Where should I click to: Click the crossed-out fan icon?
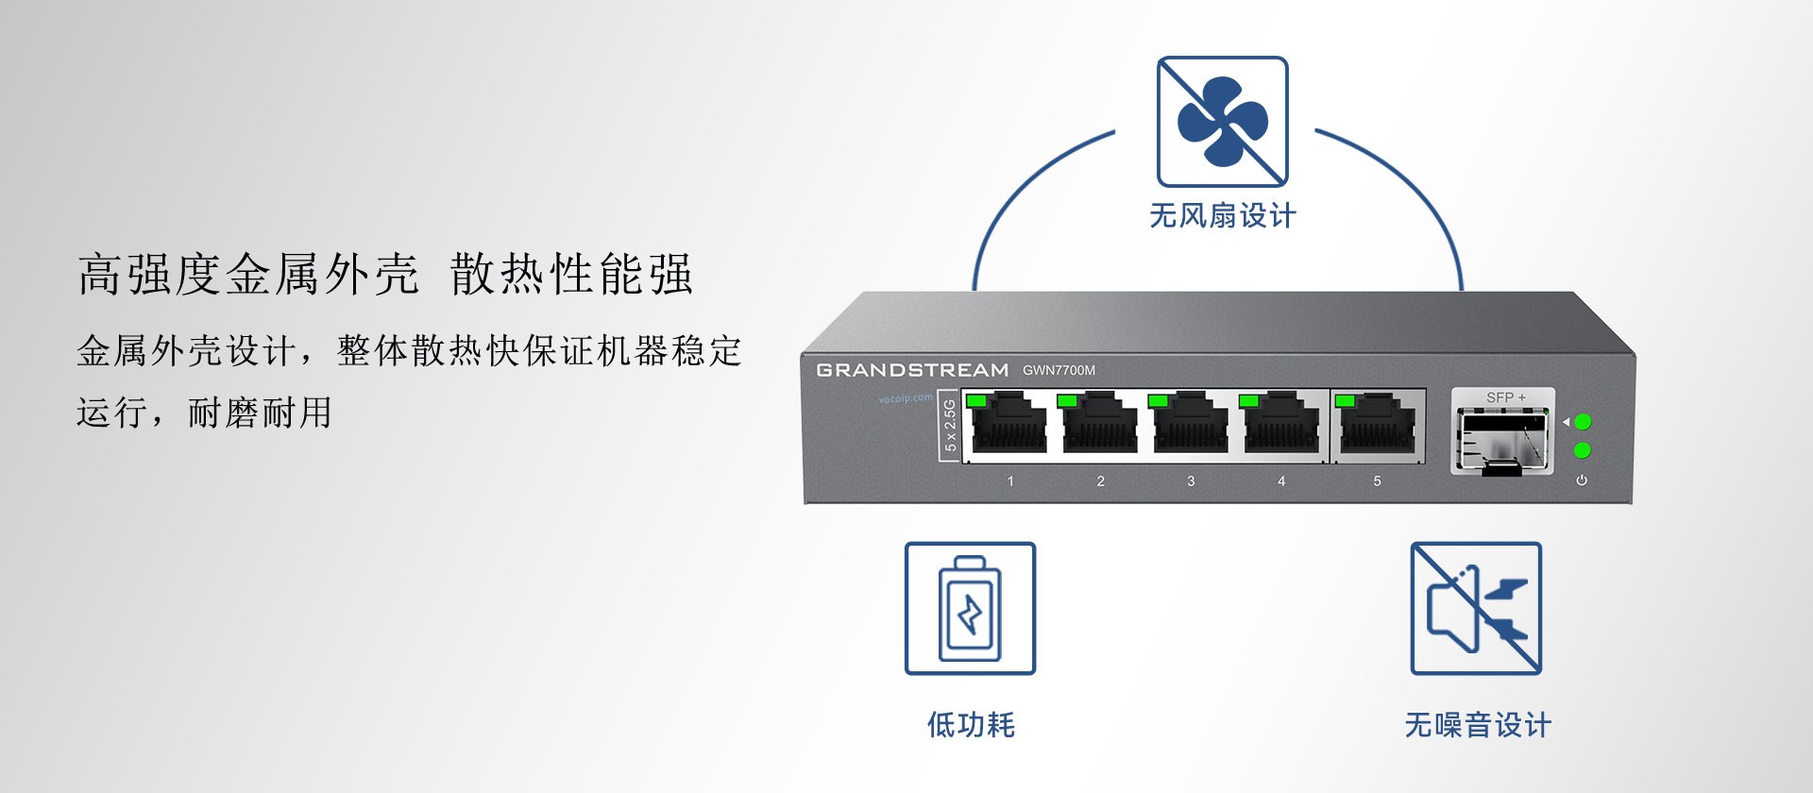[1223, 122]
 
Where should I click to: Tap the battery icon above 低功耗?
[970, 608]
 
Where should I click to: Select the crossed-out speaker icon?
[1476, 608]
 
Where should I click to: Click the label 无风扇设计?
[1223, 216]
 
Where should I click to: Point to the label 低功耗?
[971, 725]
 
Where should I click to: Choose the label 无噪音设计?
[1478, 725]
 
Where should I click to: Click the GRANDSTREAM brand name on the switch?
[912, 370]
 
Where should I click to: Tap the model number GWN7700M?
[1059, 370]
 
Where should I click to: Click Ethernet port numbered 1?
[1008, 426]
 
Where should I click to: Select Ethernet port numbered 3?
[1190, 426]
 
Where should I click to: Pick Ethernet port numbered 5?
[1376, 426]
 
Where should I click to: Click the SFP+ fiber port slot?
[1502, 438]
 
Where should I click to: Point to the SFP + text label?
[1506, 397]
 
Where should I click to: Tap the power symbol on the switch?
[1582, 481]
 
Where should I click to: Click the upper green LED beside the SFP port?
[1584, 422]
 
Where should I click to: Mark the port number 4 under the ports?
[1281, 481]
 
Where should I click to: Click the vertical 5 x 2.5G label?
[950, 426]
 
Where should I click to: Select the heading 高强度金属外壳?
[247, 275]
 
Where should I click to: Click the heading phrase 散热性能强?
[571, 275]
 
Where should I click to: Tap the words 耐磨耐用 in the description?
[260, 413]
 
